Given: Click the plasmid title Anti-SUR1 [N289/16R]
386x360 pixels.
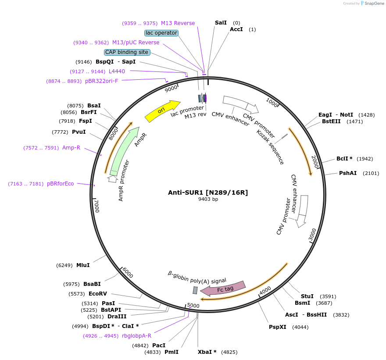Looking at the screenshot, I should (208, 192).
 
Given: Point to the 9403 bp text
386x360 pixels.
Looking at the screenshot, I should (208, 199).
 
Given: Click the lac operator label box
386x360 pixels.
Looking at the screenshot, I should (161, 33).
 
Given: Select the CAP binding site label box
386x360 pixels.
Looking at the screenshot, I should (127, 52).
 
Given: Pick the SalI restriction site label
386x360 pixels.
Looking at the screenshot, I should (221, 23).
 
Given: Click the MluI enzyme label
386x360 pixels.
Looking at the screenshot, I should (83, 265).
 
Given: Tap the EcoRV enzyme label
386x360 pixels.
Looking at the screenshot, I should (97, 294).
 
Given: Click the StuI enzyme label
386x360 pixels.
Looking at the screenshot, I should (307, 296).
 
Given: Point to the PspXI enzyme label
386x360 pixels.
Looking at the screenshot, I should (277, 327).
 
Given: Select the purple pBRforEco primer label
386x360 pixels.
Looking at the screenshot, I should (61, 184).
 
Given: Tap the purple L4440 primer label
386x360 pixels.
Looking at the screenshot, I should (117, 71).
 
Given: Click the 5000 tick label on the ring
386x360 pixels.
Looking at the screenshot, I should (193, 306).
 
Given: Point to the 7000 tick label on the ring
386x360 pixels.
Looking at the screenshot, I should (97, 206).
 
